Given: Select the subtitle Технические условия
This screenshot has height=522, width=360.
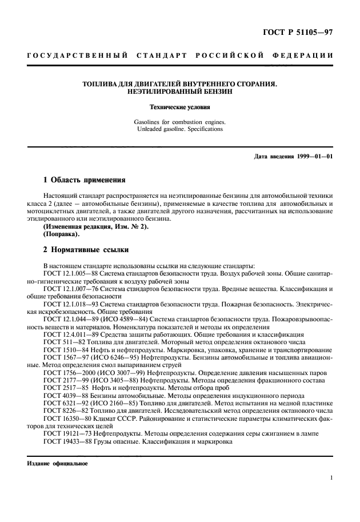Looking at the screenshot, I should pos(179,107).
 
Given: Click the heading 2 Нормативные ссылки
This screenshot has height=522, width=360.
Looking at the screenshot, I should pos(86,250).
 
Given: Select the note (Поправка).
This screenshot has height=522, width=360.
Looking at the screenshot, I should pos(62,234).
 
